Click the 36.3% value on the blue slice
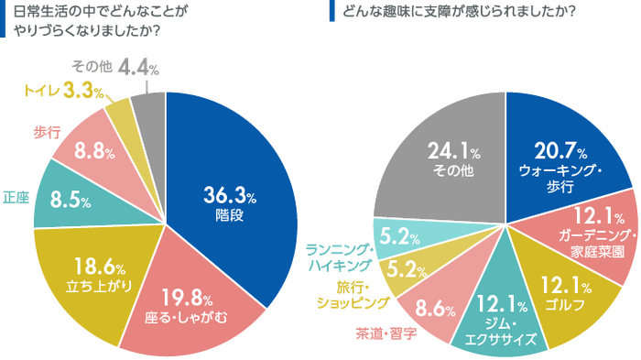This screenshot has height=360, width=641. tap(230, 195)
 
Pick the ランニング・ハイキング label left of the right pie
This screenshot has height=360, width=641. tap(339, 256)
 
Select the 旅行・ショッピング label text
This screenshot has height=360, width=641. tap(353, 294)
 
